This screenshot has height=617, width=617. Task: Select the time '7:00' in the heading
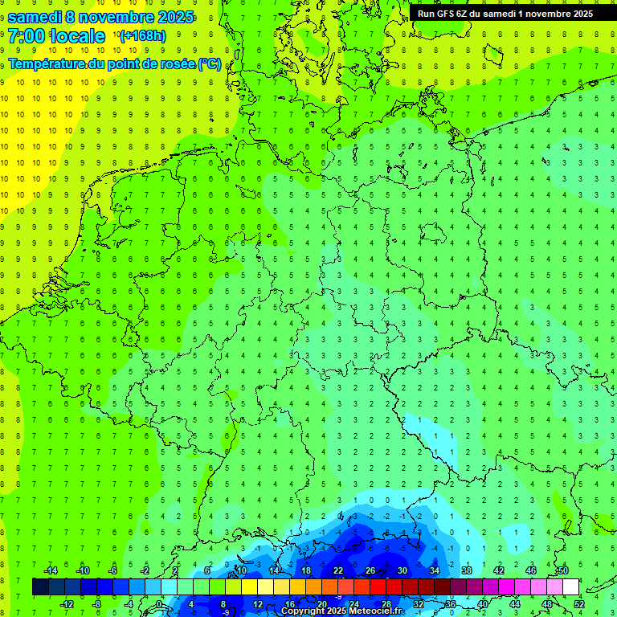pos(27,36)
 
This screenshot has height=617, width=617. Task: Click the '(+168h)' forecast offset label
pos(142,36)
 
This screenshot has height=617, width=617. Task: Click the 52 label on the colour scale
pos(579,604)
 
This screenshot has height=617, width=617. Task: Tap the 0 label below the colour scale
pos(159,604)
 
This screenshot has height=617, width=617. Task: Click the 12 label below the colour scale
pos(258,604)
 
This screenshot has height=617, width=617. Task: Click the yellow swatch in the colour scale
pos(266,587)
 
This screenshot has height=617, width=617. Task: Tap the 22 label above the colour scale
pos(338,570)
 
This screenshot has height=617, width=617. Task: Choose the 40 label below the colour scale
pos(483,604)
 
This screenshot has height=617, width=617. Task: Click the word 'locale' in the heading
pos(76,36)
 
